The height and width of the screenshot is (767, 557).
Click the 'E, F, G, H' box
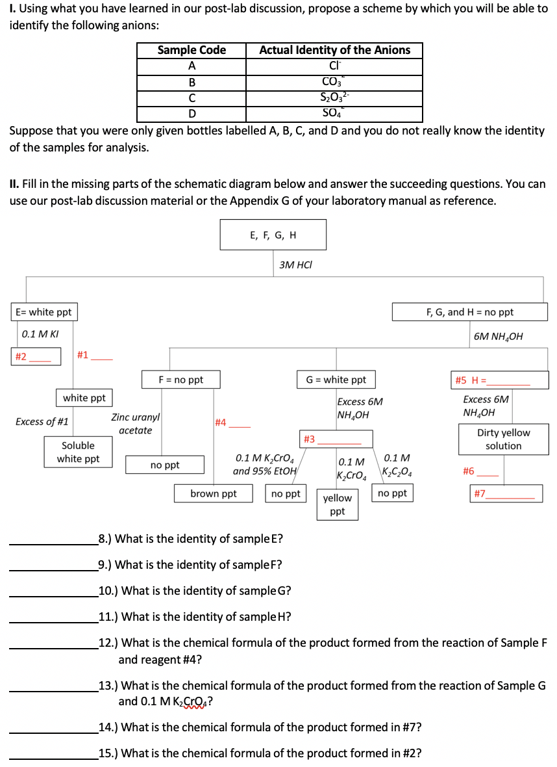click(x=273, y=235)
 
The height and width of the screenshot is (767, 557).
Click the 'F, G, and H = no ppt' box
click(x=470, y=312)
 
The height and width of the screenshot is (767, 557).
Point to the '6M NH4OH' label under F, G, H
click(x=498, y=337)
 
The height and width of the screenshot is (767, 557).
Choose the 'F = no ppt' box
click(x=181, y=380)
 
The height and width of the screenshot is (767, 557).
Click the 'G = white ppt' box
click(x=336, y=380)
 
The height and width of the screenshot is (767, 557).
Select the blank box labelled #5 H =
click(x=499, y=380)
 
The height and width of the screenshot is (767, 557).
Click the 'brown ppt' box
click(x=214, y=494)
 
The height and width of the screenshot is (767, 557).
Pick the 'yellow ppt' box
click(x=338, y=504)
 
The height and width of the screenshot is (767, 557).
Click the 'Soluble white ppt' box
click(x=79, y=452)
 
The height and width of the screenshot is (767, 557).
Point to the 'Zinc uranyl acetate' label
click(x=136, y=423)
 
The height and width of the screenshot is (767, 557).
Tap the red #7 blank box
click(x=506, y=494)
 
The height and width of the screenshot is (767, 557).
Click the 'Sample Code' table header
click(x=192, y=50)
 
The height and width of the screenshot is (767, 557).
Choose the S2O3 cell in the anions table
click(x=334, y=98)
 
